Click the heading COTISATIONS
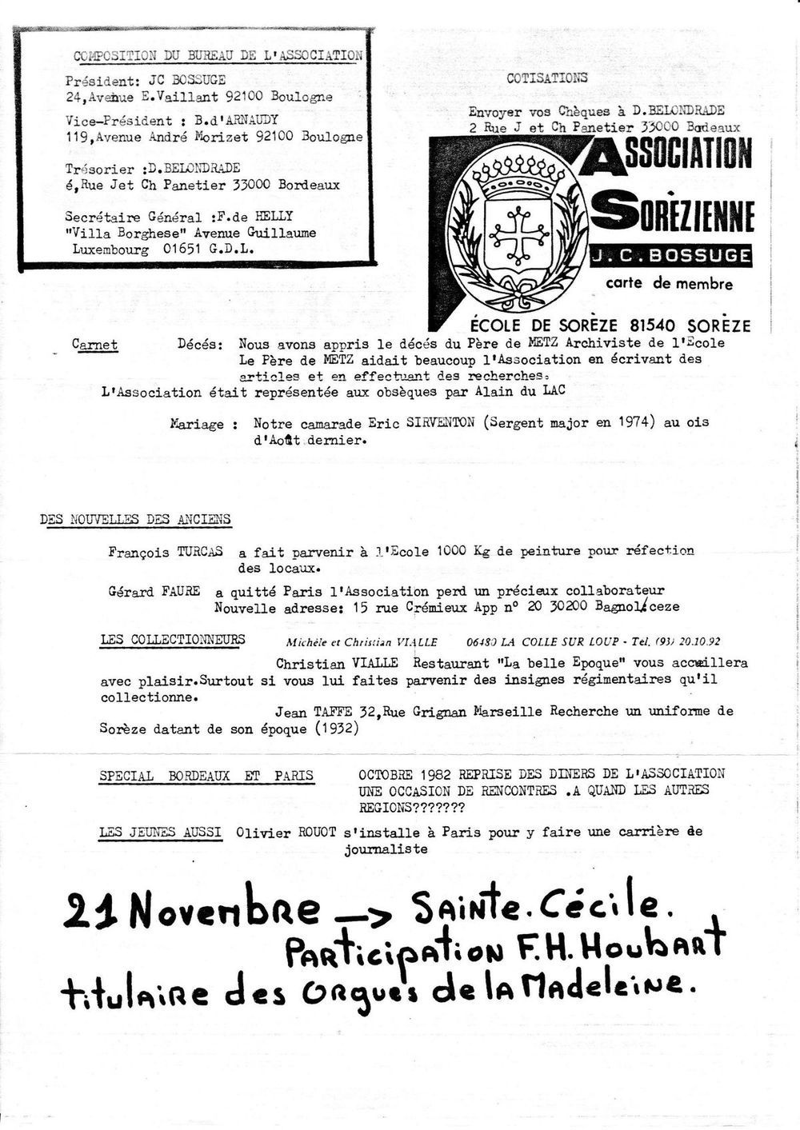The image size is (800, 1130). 546,78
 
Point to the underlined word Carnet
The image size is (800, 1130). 94,345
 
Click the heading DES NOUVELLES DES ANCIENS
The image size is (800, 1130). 135,519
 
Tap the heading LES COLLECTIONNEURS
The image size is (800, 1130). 173,640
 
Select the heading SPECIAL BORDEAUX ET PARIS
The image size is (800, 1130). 206,776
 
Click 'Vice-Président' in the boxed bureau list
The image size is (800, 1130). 118,121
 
